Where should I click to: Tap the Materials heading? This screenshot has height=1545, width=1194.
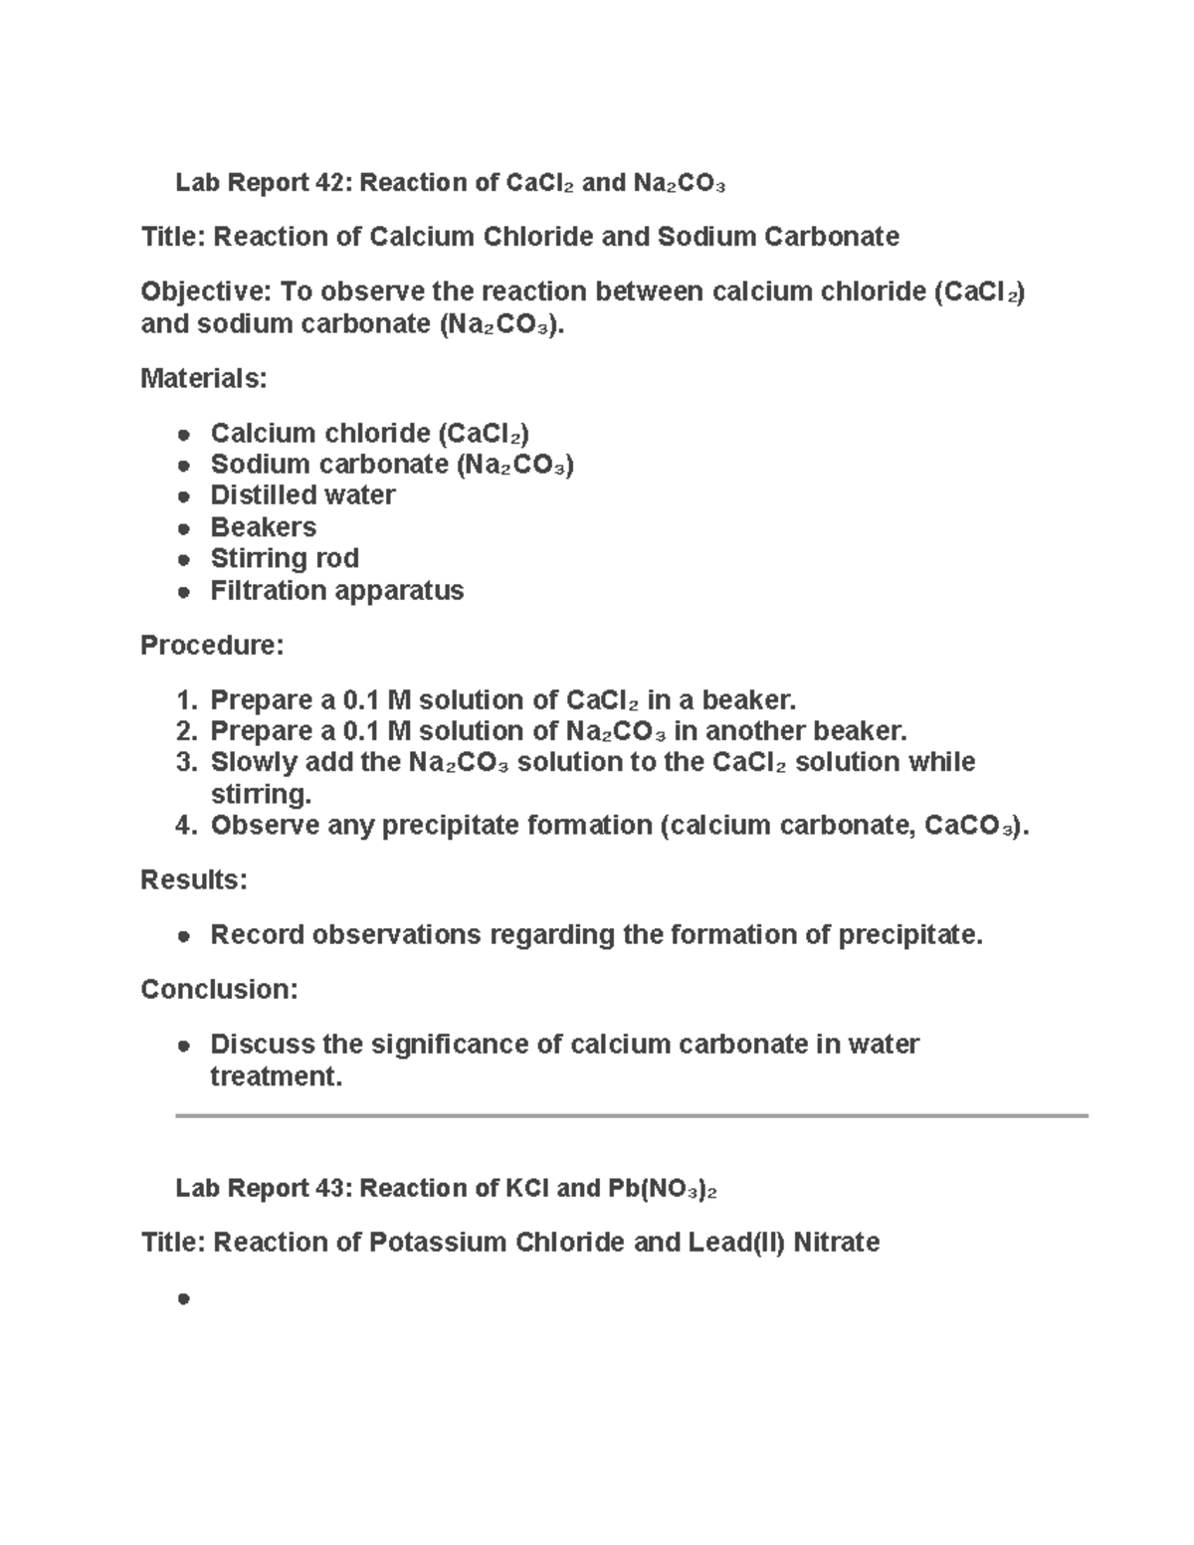tap(203, 378)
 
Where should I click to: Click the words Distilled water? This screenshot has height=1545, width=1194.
tap(302, 495)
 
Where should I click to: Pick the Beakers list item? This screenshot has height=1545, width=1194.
tap(263, 527)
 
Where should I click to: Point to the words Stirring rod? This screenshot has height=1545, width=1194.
tap(285, 558)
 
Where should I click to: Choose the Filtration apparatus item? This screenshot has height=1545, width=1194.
tap(336, 591)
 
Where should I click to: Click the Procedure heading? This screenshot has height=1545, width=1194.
tap(212, 646)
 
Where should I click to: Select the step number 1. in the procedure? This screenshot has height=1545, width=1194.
tap(187, 700)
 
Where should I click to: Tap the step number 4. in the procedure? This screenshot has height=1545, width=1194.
tap(187, 826)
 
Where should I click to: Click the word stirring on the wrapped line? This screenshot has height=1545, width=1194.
tap(260, 795)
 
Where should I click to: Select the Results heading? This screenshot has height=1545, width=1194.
tap(193, 880)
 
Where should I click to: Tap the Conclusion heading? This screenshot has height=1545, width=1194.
tap(219, 990)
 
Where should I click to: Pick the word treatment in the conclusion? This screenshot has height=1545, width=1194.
tap(275, 1076)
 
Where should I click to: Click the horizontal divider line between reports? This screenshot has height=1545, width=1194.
tap(631, 1116)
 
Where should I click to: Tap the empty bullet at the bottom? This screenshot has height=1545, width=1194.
tap(183, 1298)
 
